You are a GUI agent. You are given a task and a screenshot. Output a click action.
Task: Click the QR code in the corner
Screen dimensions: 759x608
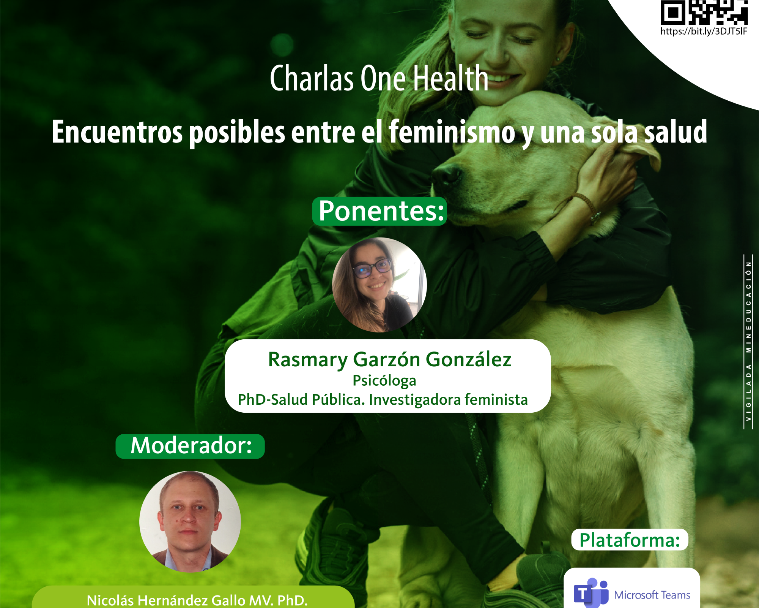tap(704, 12)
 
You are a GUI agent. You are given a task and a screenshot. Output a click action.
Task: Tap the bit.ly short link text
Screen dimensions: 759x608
tap(704, 31)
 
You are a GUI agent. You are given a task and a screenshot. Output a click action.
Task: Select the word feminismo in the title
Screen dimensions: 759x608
tap(452, 132)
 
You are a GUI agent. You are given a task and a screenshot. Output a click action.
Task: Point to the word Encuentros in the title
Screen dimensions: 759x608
tap(117, 132)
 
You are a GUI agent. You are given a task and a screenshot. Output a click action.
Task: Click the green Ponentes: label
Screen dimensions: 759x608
tap(380, 211)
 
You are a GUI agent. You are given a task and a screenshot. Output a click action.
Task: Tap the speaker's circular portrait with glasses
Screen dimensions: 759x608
tap(379, 285)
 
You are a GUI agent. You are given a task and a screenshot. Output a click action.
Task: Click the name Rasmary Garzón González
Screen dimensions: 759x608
tap(390, 359)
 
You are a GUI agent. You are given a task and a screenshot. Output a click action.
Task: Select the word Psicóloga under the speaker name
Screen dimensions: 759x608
tap(384, 380)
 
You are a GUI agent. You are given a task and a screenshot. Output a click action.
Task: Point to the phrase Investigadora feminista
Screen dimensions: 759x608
tap(448, 400)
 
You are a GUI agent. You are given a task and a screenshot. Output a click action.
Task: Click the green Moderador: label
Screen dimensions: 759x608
tap(190, 446)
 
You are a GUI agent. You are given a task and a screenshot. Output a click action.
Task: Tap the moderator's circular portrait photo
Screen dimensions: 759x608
tap(190, 522)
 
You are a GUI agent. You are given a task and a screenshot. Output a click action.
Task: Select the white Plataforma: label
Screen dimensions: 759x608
tap(630, 540)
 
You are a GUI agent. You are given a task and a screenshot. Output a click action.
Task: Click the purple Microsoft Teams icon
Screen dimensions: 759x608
tap(591, 593)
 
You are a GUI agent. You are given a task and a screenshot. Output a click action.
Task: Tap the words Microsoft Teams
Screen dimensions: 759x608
tap(652, 595)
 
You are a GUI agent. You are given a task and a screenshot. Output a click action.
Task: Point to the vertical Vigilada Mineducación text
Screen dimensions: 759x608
tap(748, 342)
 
